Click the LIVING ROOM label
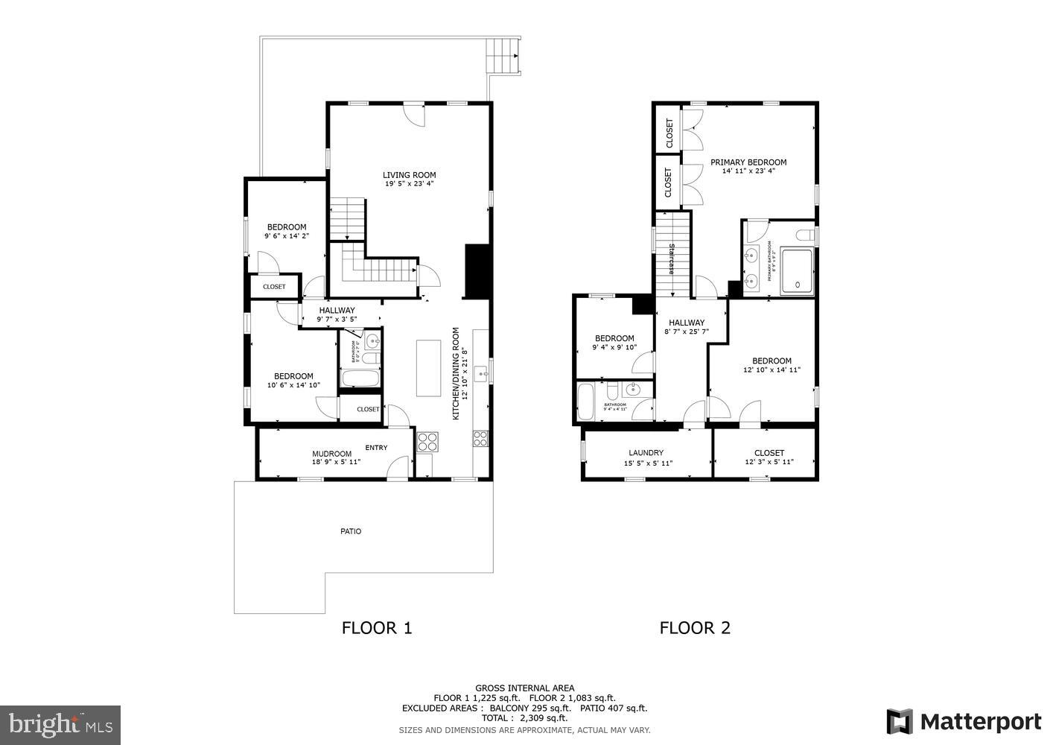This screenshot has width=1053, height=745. click(x=409, y=175)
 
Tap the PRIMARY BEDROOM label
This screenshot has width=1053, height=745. click(x=748, y=162)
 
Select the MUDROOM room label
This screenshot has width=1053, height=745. click(x=331, y=454)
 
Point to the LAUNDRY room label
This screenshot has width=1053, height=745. click(x=646, y=452)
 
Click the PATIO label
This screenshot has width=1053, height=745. click(x=351, y=531)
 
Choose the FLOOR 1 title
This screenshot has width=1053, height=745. click(x=376, y=627)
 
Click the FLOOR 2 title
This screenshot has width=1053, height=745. click(x=694, y=627)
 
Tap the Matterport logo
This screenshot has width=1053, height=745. click(x=964, y=721)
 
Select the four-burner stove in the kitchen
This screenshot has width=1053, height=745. click(x=427, y=442)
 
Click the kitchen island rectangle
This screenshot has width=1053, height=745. click(x=428, y=368)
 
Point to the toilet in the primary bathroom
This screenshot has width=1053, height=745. click(x=805, y=236)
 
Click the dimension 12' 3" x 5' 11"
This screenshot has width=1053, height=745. click(x=769, y=462)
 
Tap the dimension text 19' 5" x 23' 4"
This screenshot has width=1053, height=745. click(x=409, y=184)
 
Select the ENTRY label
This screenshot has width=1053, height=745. click(x=376, y=448)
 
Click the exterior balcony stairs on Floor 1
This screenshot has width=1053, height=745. click(x=502, y=55)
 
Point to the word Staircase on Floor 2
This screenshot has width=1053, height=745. click(x=671, y=259)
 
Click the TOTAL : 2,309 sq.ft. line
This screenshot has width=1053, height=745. click(x=524, y=718)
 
